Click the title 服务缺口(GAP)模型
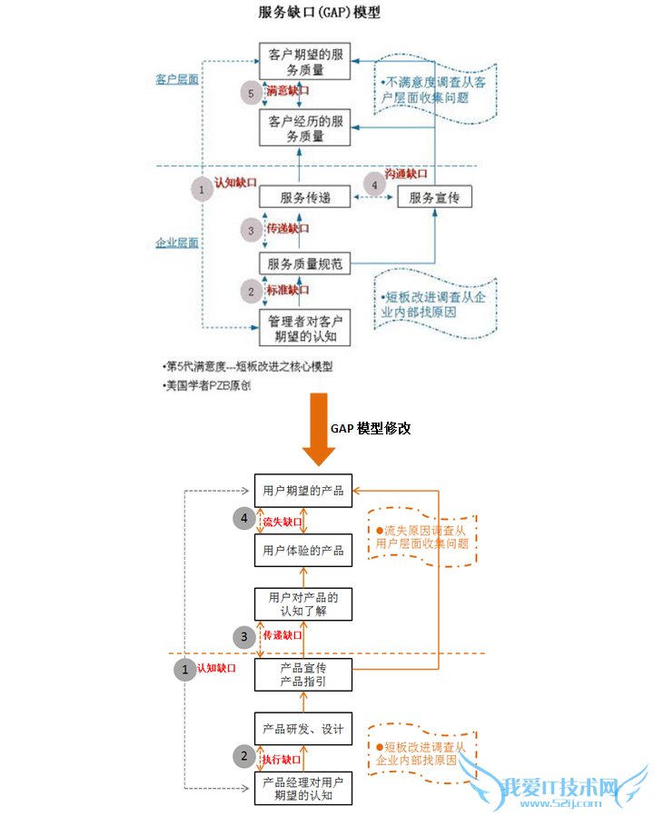click(x=319, y=13)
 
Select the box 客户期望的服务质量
click(x=304, y=61)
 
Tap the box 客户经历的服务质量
click(x=304, y=128)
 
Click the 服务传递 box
click(x=304, y=197)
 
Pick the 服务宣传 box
click(x=434, y=197)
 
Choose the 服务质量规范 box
click(x=304, y=264)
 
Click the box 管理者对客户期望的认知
click(x=304, y=328)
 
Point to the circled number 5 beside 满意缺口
click(x=251, y=93)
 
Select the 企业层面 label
click(x=176, y=243)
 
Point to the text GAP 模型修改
click(x=371, y=427)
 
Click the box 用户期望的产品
click(x=303, y=491)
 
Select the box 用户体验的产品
click(x=303, y=551)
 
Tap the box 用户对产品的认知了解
click(x=303, y=604)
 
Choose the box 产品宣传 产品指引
click(x=303, y=674)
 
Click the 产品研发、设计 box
click(x=303, y=729)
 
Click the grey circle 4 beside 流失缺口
click(x=244, y=520)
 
